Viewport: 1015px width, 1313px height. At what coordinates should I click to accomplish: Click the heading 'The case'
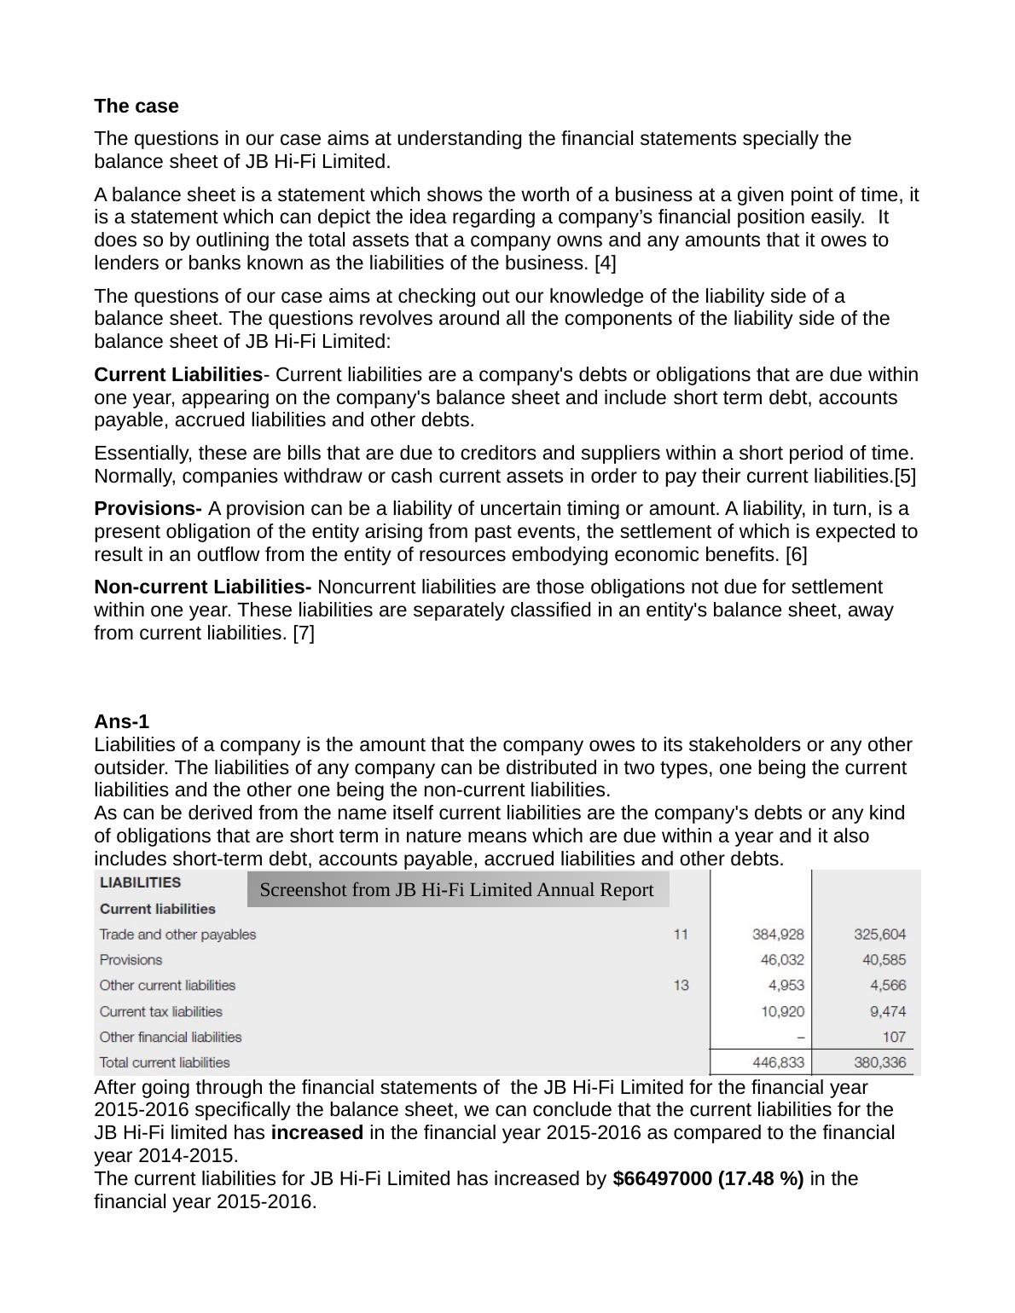[x=136, y=107]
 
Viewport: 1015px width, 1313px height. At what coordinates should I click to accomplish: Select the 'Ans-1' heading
[x=121, y=722]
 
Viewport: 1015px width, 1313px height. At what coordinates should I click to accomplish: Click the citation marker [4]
[x=605, y=263]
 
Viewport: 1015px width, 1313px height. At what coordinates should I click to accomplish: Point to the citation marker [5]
[x=905, y=477]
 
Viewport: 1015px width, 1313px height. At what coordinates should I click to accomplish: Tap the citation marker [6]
[x=796, y=555]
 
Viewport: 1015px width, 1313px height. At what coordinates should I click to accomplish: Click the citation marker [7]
[x=303, y=633]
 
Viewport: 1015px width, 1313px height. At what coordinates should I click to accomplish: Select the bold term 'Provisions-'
[x=148, y=509]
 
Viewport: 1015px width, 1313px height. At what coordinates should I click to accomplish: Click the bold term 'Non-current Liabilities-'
[x=203, y=587]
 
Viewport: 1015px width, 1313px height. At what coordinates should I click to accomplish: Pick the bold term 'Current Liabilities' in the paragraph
[x=178, y=375]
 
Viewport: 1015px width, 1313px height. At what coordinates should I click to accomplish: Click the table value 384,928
[x=777, y=934]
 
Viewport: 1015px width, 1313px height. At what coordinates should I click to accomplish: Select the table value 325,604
[x=879, y=934]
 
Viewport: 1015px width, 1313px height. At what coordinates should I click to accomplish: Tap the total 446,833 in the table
[x=777, y=1063]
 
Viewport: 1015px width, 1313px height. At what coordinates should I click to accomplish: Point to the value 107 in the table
[x=894, y=1038]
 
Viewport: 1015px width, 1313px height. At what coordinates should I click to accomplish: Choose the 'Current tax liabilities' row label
[x=161, y=1012]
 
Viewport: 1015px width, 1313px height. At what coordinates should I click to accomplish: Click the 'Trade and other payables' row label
[x=177, y=934]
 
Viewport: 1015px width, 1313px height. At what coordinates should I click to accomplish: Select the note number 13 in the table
[x=681, y=986]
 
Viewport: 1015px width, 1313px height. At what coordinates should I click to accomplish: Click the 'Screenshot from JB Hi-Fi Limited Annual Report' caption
[x=456, y=890]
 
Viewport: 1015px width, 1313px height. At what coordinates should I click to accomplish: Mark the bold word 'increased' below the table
[x=316, y=1133]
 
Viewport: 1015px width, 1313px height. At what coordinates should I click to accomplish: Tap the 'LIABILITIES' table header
[x=141, y=883]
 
